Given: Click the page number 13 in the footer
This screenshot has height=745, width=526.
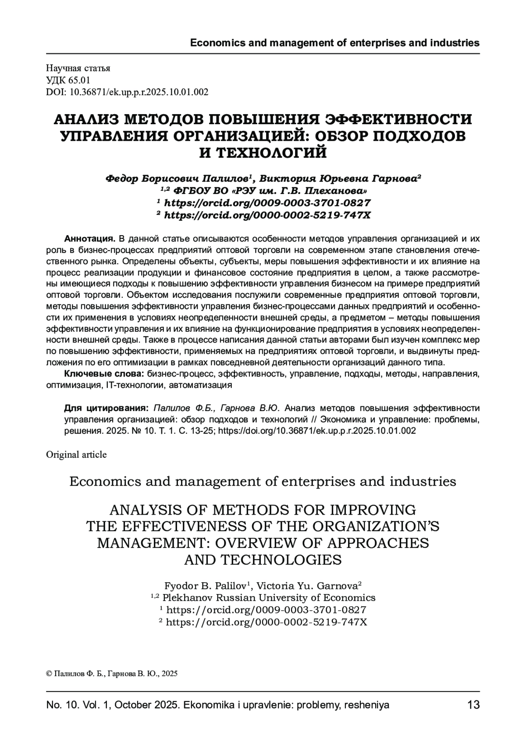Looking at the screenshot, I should pyautogui.click(x=473, y=706).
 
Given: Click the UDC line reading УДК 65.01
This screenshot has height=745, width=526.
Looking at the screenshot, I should pyautogui.click(x=68, y=80).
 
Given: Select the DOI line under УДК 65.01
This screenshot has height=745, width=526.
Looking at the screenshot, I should pyautogui.click(x=127, y=92).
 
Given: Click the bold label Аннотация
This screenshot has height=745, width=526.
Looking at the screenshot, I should pyautogui.click(x=89, y=239).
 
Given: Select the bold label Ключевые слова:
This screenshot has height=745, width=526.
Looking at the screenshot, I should pyautogui.click(x=104, y=374).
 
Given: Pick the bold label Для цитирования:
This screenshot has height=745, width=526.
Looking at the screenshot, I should pyautogui.click(x=107, y=408).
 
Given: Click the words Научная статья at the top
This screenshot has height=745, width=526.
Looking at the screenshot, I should pyautogui.click(x=78, y=68).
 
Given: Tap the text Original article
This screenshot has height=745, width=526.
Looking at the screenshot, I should pyautogui.click(x=76, y=455).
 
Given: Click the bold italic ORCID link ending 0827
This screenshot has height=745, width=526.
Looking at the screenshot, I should pyautogui.click(x=267, y=203).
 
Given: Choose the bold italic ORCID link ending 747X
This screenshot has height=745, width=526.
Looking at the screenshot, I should pyautogui.click(x=267, y=215).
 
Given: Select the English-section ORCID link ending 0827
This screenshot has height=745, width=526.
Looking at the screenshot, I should pyautogui.click(x=266, y=610).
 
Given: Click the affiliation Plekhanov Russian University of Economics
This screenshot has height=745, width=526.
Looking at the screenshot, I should pyautogui.click(x=268, y=598).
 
